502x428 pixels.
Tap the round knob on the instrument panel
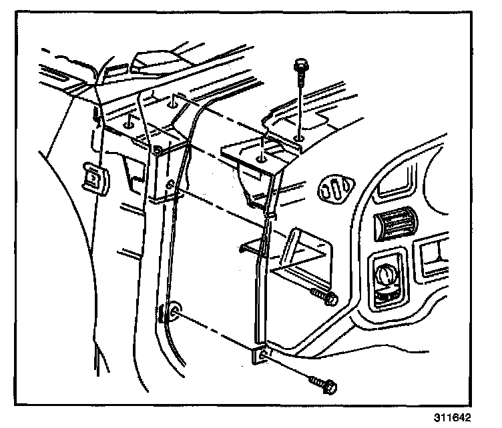[x=387, y=274]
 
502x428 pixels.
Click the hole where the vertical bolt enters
[x=298, y=139]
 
